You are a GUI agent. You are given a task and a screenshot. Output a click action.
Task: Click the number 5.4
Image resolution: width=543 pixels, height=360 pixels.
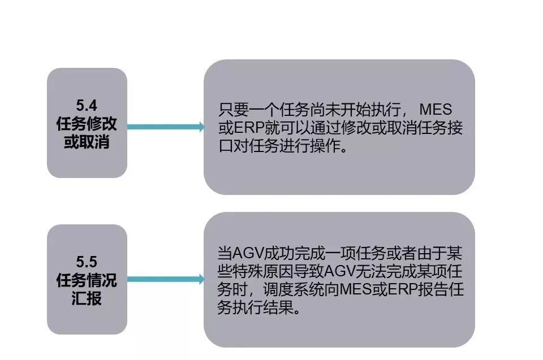(87, 105)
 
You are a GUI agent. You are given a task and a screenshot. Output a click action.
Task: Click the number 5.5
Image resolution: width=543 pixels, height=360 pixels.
(87, 261)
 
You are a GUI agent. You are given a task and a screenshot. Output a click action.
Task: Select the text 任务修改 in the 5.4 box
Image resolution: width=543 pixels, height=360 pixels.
(87, 123)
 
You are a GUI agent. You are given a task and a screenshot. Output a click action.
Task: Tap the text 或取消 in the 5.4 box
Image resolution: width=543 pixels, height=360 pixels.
(87, 142)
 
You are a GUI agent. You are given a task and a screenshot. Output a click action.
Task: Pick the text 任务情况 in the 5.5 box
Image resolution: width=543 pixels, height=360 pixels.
(87, 280)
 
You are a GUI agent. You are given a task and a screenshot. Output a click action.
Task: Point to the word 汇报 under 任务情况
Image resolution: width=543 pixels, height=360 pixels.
(87, 298)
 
